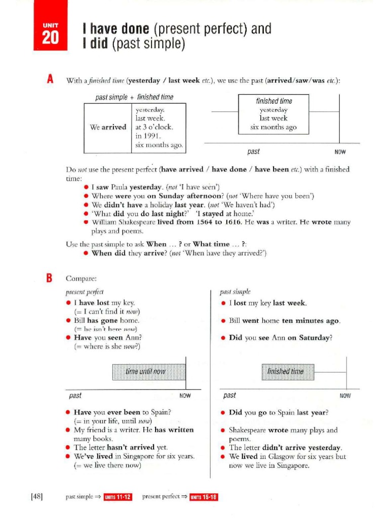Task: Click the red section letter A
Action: [50, 79]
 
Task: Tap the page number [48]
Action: [36, 497]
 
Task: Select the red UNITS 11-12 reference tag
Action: [118, 497]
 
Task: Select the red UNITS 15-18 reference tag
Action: [204, 497]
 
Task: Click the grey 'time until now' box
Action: [145, 372]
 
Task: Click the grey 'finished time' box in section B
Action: [288, 372]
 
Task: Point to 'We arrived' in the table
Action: [108, 127]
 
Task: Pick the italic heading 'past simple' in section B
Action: [235, 292]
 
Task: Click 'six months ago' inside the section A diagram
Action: [274, 127]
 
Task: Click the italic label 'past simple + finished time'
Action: [134, 97]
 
